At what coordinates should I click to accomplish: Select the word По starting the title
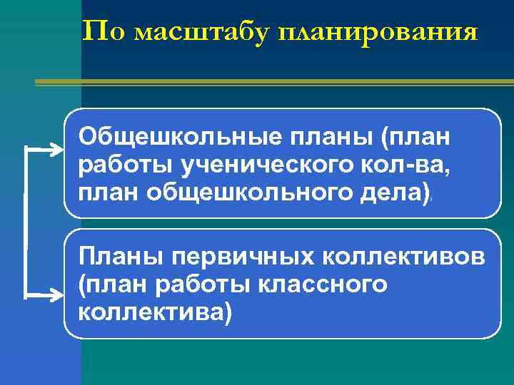[x=106, y=31]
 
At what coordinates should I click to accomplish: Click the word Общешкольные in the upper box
[x=171, y=136]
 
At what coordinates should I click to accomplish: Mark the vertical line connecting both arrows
[x=26, y=221]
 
